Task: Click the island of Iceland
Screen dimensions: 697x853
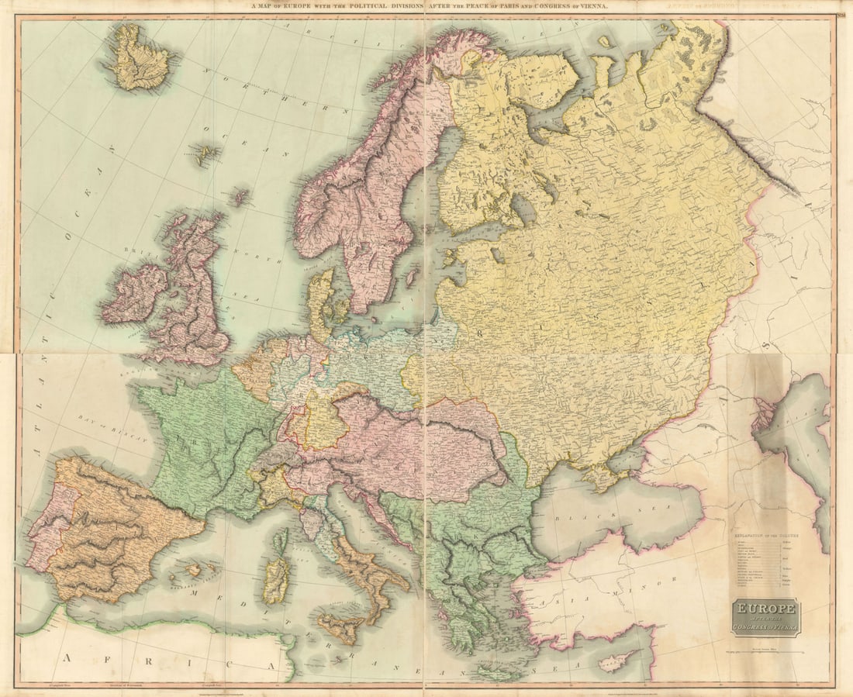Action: pos(140,59)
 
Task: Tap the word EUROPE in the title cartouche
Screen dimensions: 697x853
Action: pos(765,609)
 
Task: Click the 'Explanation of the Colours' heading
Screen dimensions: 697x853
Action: pos(765,535)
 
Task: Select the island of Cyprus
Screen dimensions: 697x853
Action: pos(613,661)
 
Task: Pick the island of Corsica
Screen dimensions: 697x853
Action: pos(281,540)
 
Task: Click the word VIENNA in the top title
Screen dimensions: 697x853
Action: pos(591,5)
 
